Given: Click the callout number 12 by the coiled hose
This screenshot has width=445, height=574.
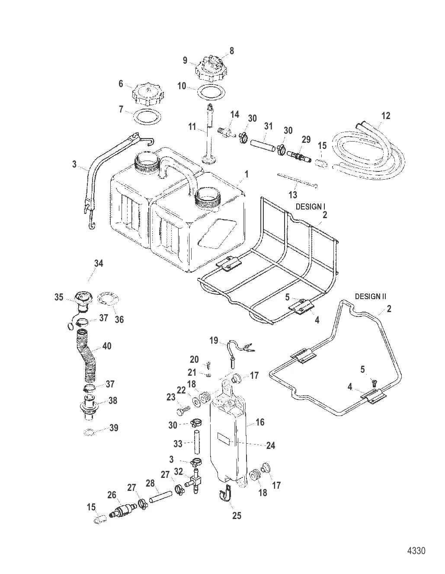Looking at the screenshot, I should click(x=386, y=116).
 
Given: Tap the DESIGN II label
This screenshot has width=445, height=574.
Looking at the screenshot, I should click(x=370, y=297).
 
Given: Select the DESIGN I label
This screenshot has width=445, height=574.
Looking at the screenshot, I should click(x=311, y=207).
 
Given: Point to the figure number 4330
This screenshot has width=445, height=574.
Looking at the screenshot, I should click(x=416, y=551).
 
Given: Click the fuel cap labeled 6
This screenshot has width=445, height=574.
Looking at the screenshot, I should click(x=147, y=93).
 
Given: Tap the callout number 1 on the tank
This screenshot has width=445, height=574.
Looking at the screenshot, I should click(x=247, y=174).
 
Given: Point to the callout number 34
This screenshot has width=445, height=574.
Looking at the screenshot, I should click(x=99, y=263).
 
